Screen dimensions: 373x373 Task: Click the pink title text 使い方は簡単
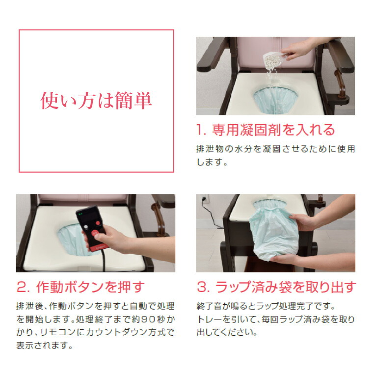[x=96, y=101]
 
